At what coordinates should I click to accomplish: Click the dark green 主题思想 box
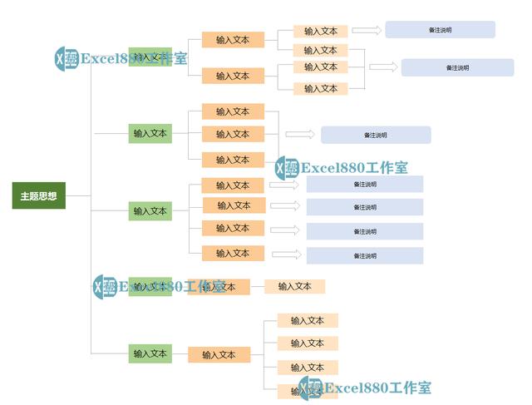pos(38,196)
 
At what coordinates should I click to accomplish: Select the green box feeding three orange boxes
pos(150,132)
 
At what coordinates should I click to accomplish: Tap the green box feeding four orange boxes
pos(150,210)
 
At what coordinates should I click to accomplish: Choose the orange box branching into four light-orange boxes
pos(219,354)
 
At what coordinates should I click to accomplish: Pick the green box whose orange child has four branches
pos(150,353)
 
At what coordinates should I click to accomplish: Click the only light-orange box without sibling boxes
pos(294,286)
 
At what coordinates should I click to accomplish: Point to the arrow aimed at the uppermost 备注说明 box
pos(366,30)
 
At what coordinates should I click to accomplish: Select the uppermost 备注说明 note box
pos(440,30)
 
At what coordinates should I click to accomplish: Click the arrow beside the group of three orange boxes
pos(300,134)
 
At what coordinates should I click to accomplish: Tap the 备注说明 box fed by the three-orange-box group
pos(376,135)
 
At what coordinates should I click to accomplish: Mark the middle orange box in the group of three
pos(233,134)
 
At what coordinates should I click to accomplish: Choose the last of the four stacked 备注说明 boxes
pos(364,255)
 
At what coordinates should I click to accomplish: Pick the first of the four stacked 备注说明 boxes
pos(364,184)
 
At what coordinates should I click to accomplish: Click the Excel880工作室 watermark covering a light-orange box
pos(366,388)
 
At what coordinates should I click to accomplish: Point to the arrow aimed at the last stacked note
pos(286,254)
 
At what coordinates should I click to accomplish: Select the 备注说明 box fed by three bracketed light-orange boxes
pos(457,67)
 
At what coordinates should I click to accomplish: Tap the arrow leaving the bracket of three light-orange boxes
pos(383,67)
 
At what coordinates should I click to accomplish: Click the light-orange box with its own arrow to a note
pos(321,31)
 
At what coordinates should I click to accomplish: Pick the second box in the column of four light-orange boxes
pos(307,343)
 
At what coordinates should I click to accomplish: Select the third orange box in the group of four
pos(233,228)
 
